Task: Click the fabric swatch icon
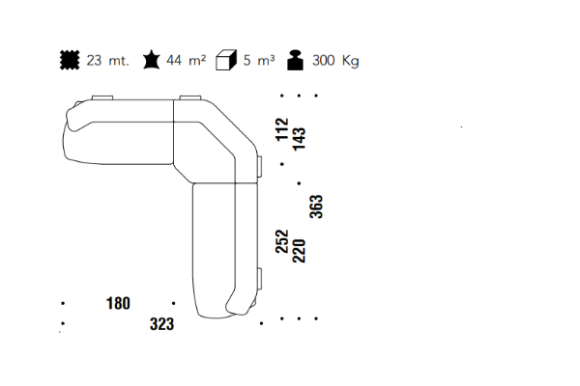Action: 70,60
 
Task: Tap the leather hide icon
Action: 152,60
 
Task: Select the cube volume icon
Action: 226,60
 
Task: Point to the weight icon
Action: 295,60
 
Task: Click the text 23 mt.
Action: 107,60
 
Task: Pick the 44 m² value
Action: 186,60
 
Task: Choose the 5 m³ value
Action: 259,60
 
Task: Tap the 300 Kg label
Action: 335,61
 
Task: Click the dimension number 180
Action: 118,303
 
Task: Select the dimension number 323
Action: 161,324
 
